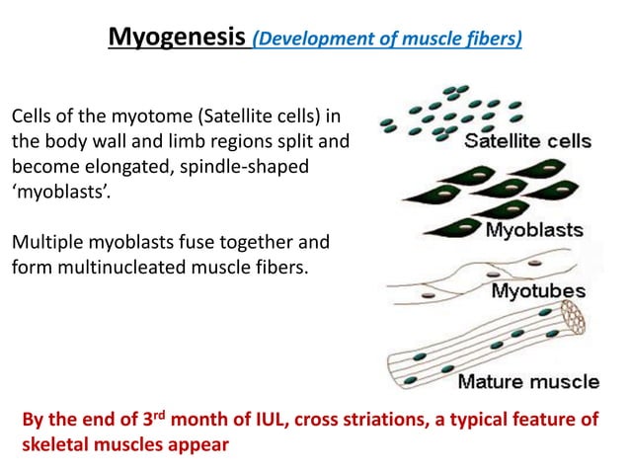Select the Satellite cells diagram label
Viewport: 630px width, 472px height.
click(x=527, y=141)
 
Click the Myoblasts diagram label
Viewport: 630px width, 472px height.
click(x=534, y=231)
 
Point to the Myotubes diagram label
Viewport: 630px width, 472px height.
click(x=538, y=291)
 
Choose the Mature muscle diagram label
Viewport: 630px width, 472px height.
click(x=527, y=382)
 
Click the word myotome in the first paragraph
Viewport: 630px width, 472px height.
click(x=132, y=118)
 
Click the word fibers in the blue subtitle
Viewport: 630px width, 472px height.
click(x=499, y=40)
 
